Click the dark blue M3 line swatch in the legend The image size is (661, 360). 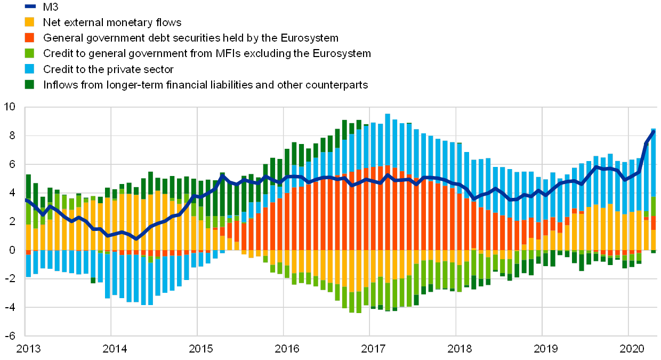(30, 6)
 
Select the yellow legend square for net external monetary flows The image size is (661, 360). (30, 22)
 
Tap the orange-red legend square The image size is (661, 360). (30, 38)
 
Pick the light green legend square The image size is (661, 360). (30, 53)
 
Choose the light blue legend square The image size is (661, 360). (30, 69)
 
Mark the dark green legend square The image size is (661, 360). (30, 84)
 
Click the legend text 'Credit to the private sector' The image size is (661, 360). (109, 69)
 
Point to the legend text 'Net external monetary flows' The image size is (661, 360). (112, 22)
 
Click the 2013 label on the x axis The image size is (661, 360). (28, 349)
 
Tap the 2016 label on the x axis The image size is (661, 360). (286, 349)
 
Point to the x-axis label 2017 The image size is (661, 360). (373, 349)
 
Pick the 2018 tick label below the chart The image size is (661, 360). (459, 349)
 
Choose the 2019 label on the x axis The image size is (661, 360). (545, 349)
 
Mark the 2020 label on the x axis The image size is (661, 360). (631, 349)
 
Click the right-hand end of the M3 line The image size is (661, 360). (654, 131)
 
